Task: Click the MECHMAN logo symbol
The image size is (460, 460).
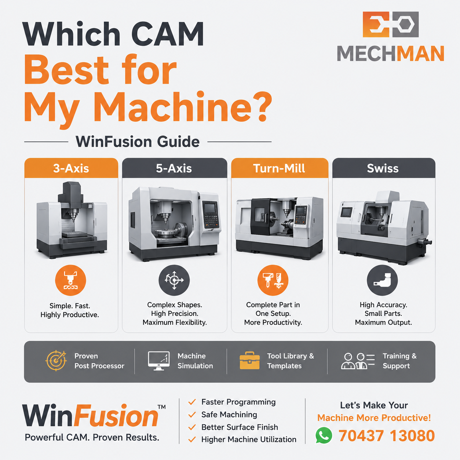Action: point(391,24)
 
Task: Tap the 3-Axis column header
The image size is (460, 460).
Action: point(71,168)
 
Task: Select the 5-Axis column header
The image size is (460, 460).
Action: point(175,168)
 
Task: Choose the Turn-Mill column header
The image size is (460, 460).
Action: point(280,168)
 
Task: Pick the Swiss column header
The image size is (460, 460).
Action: point(384,168)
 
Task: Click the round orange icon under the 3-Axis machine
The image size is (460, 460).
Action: point(71,280)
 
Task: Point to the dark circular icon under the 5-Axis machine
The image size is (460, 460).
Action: point(174,280)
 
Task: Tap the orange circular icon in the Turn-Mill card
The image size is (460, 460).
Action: point(273,280)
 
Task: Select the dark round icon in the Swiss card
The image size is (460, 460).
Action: point(383,280)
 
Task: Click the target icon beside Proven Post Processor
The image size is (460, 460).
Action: point(56,361)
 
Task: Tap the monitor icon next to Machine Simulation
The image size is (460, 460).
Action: point(159,361)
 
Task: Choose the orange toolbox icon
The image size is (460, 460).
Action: point(249,361)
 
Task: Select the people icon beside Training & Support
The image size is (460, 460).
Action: point(358,361)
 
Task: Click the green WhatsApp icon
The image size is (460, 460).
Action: point(324,435)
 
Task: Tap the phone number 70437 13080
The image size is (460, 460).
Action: point(387,436)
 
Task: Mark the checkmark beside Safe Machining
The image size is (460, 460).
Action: point(192,415)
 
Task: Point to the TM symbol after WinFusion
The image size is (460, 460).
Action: point(162,407)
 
